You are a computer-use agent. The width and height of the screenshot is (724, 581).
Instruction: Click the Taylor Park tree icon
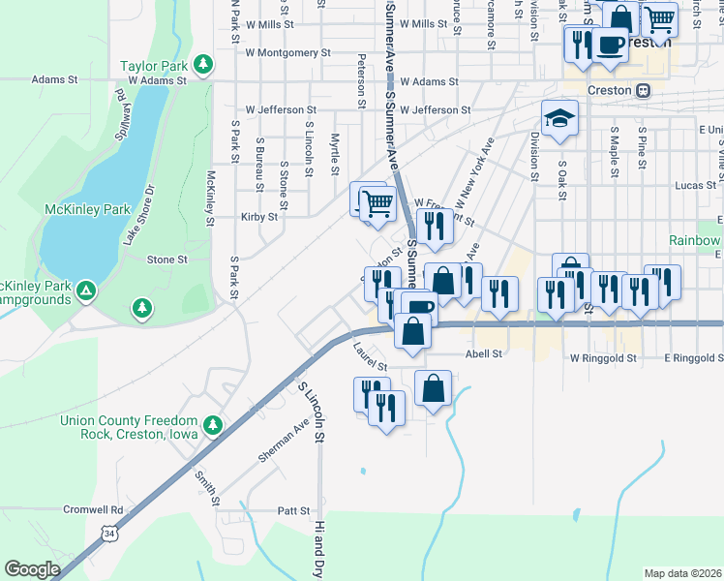tap(202, 65)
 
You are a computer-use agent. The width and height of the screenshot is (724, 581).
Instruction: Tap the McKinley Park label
tap(87, 208)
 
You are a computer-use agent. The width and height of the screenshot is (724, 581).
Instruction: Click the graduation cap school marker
tap(558, 118)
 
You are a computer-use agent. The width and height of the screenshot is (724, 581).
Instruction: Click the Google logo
tap(32, 569)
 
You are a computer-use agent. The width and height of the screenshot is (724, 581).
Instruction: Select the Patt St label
tap(292, 510)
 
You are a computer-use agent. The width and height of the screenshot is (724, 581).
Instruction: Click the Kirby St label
tap(259, 217)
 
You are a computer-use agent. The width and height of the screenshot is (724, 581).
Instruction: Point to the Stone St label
tap(166, 260)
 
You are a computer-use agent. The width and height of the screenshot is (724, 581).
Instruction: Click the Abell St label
tap(484, 354)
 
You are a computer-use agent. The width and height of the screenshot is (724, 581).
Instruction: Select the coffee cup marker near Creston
tap(609, 45)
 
